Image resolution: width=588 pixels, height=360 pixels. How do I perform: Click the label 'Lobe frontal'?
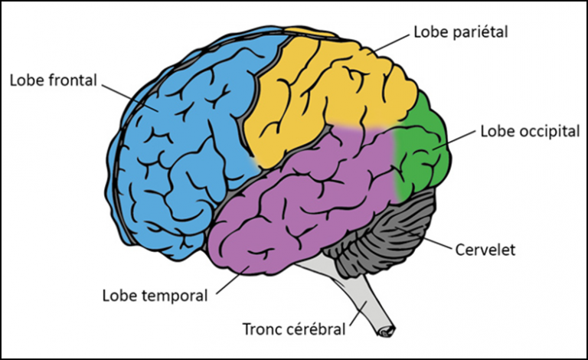(54, 79)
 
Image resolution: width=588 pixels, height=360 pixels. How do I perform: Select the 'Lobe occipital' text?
(529, 131)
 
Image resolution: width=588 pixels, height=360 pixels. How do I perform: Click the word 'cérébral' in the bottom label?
(315, 330)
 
